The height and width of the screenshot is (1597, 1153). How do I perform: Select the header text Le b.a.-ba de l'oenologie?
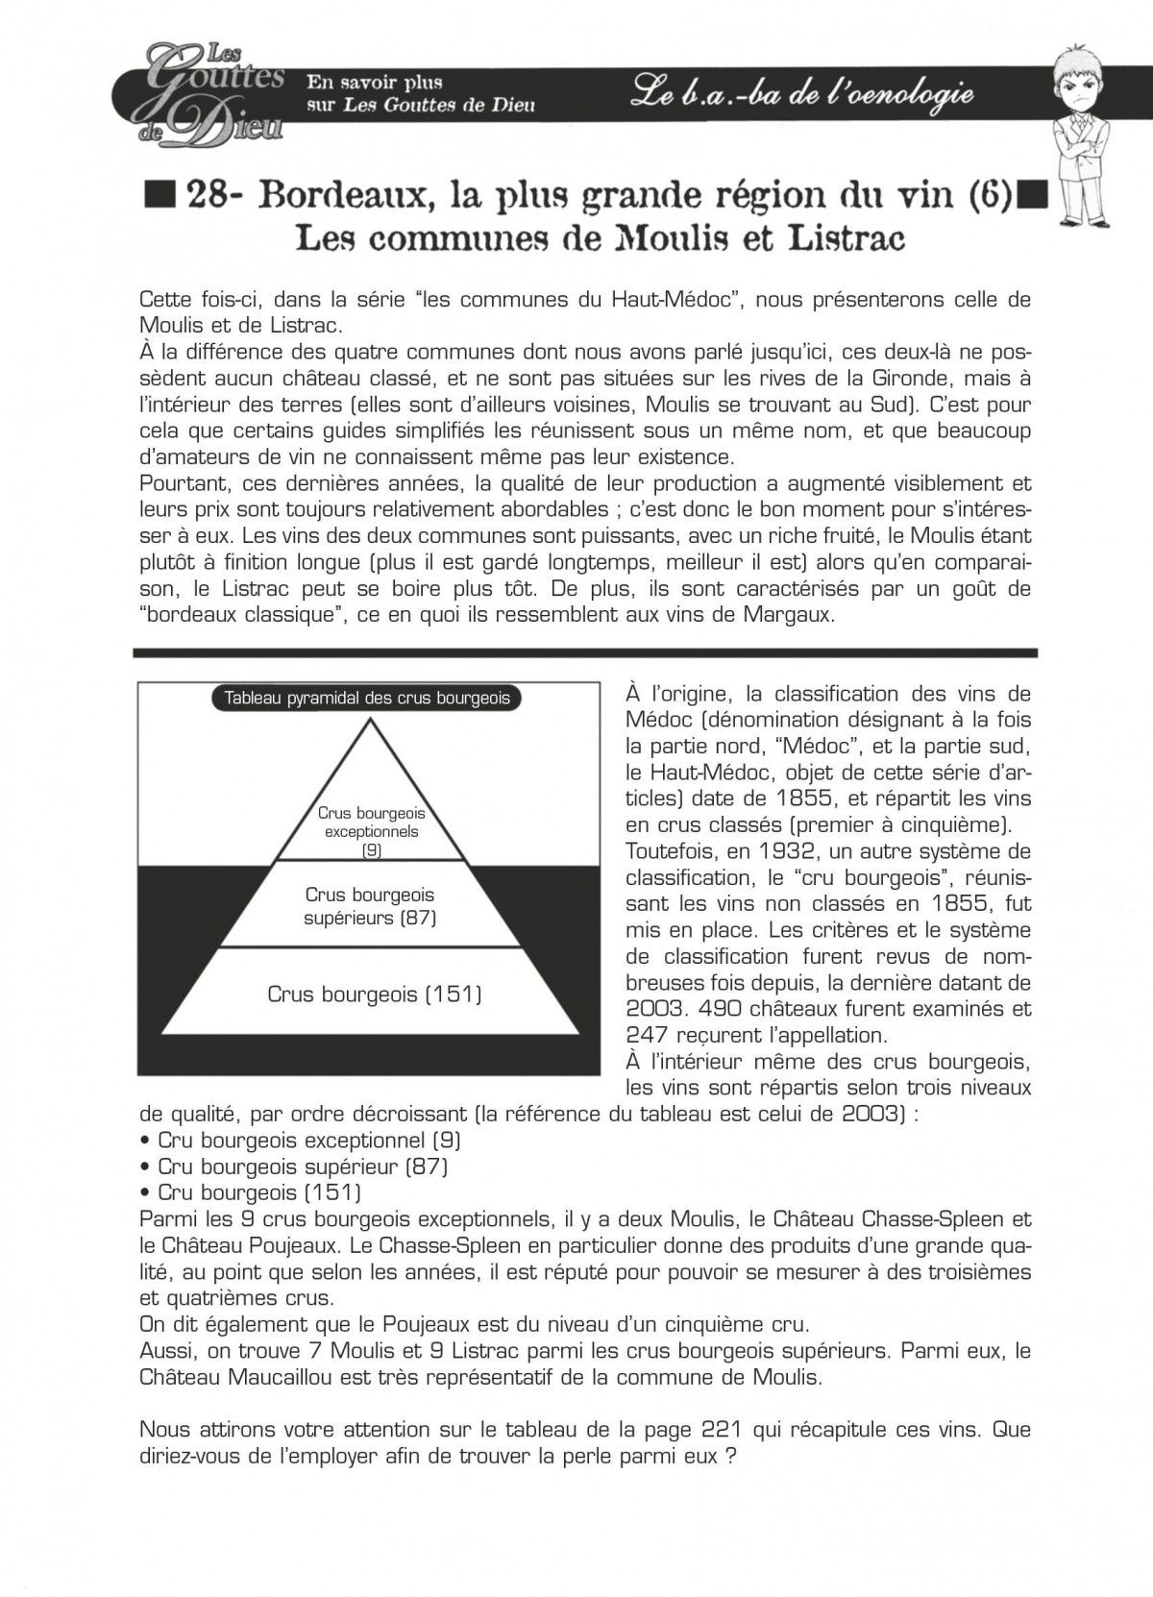pyautogui.click(x=803, y=94)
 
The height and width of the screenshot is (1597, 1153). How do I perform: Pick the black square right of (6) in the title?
pyautogui.click(x=1032, y=195)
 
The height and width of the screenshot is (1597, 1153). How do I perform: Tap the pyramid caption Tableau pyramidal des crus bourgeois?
pyautogui.click(x=366, y=699)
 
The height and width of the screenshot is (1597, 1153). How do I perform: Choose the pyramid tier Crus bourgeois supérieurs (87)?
pyautogui.click(x=370, y=906)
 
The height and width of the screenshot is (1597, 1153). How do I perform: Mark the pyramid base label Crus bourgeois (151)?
pyautogui.click(x=375, y=994)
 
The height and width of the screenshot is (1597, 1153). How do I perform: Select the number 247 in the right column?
pyautogui.click(x=647, y=1035)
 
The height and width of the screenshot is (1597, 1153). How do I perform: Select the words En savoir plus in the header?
pyautogui.click(x=374, y=84)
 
